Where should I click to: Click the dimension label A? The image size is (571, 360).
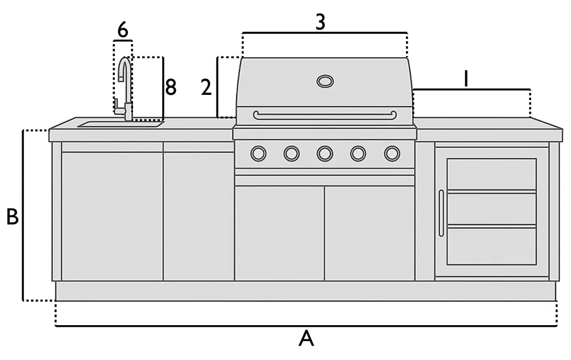coord(307,339)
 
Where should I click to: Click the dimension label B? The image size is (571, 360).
coord(12,217)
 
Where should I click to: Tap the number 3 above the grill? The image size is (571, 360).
coord(320,22)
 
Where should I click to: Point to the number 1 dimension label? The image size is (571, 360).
coord(466,79)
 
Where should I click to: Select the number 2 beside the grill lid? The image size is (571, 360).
coord(206,87)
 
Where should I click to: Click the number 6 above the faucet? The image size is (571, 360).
coord(122,30)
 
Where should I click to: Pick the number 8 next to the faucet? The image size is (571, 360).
coord(171,87)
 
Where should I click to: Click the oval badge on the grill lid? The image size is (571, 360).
coord(325,81)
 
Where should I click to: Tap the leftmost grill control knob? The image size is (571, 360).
coord(258,153)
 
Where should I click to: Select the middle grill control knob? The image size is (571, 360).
coord(325,153)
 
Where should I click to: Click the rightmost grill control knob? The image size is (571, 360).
coord(392,153)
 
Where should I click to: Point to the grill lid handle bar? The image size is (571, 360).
coord(325,115)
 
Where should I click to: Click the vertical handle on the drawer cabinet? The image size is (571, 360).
coord(441,213)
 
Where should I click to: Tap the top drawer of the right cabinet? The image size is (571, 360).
coord(491,174)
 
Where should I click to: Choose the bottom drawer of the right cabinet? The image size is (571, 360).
coord(491,246)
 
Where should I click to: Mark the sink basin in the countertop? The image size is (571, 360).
coord(120,123)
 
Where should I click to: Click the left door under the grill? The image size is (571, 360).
coord(279,233)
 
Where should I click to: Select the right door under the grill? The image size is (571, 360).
coord(369,233)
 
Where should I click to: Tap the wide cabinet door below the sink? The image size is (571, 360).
coord(112,216)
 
